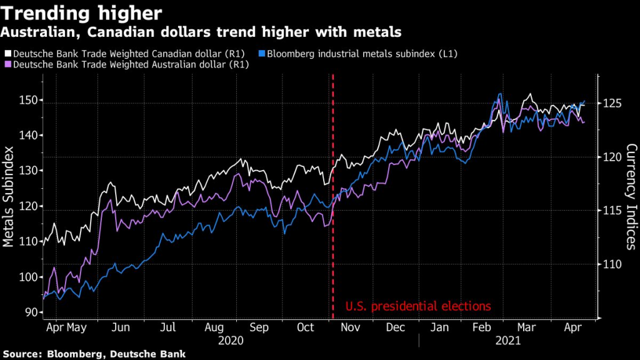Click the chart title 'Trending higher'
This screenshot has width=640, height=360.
(x=82, y=12)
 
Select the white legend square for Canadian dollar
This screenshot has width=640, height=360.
(x=7, y=54)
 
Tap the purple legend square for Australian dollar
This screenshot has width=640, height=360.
(x=7, y=64)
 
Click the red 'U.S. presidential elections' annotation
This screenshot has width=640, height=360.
(x=418, y=306)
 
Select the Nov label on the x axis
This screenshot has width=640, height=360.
(x=351, y=327)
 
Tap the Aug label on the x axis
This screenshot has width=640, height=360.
(x=214, y=327)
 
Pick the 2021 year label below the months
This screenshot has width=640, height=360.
(x=508, y=341)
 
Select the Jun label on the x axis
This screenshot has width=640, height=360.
(x=121, y=327)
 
